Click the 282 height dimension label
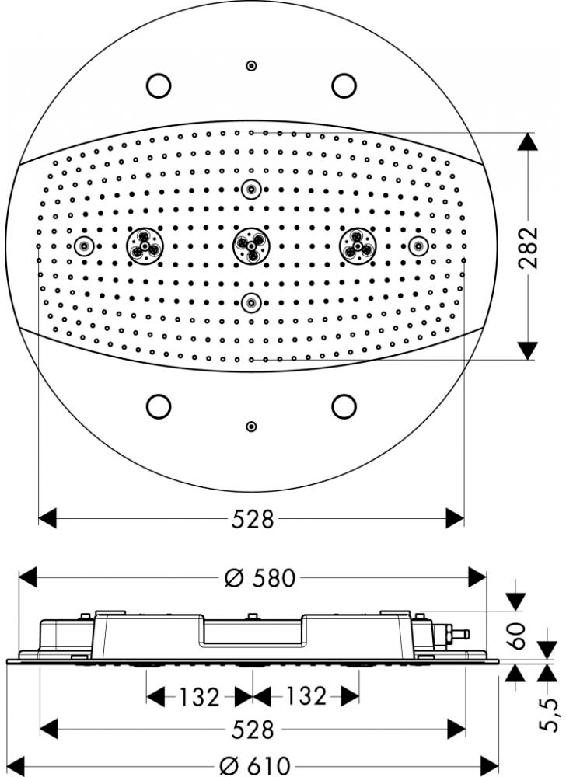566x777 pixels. (529, 247)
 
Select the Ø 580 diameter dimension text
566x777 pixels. (260, 578)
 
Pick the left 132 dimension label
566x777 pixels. (198, 697)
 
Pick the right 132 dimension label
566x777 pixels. (306, 696)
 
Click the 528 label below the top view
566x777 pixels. (253, 519)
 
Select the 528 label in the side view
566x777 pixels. (253, 730)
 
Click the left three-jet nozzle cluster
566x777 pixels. (145, 246)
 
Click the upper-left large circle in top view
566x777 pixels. (159, 85)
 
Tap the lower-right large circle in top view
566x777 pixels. (344, 406)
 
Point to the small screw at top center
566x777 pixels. (251, 65)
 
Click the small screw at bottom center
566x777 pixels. (251, 426)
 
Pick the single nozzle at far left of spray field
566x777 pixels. (84, 246)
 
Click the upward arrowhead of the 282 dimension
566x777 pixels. (527, 141)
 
